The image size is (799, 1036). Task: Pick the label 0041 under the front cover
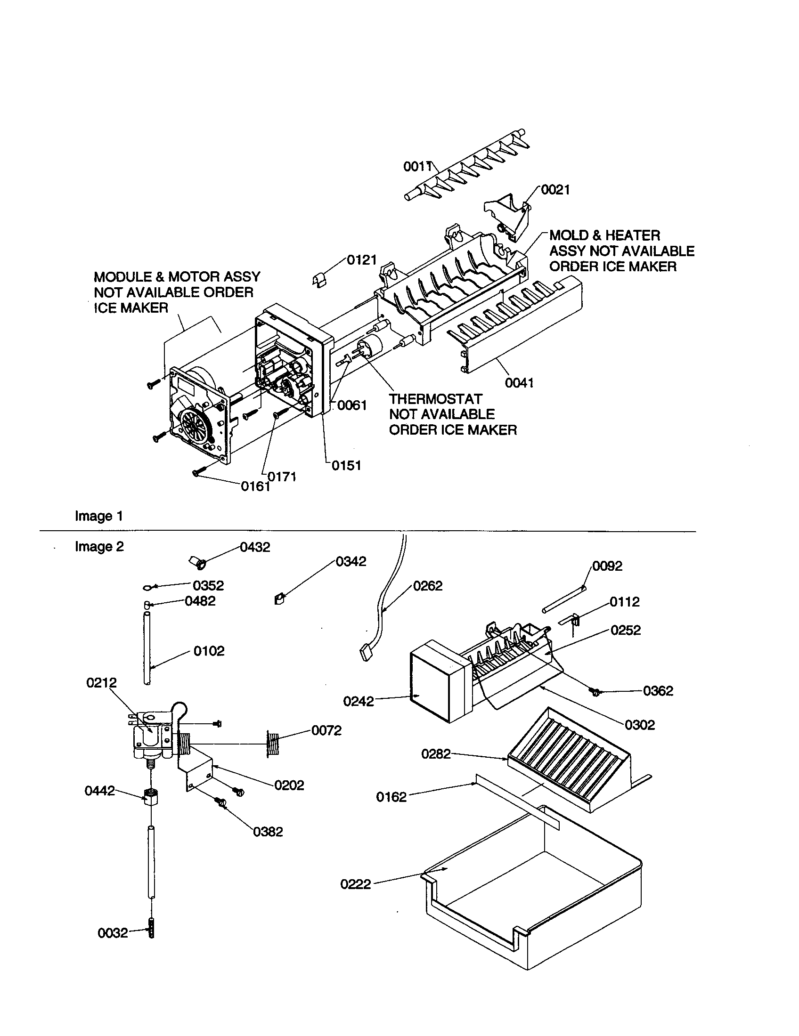[x=519, y=383]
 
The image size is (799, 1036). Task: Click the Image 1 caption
[x=98, y=516]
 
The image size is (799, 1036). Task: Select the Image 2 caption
[x=98, y=546]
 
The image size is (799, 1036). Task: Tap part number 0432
[x=255, y=547]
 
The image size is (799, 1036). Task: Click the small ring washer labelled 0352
[x=148, y=588]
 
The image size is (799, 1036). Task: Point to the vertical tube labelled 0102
[x=147, y=648]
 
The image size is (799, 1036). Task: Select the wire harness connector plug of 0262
[x=366, y=654]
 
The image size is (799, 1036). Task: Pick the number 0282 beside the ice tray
[x=436, y=754]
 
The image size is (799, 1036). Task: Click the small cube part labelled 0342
[x=279, y=600]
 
